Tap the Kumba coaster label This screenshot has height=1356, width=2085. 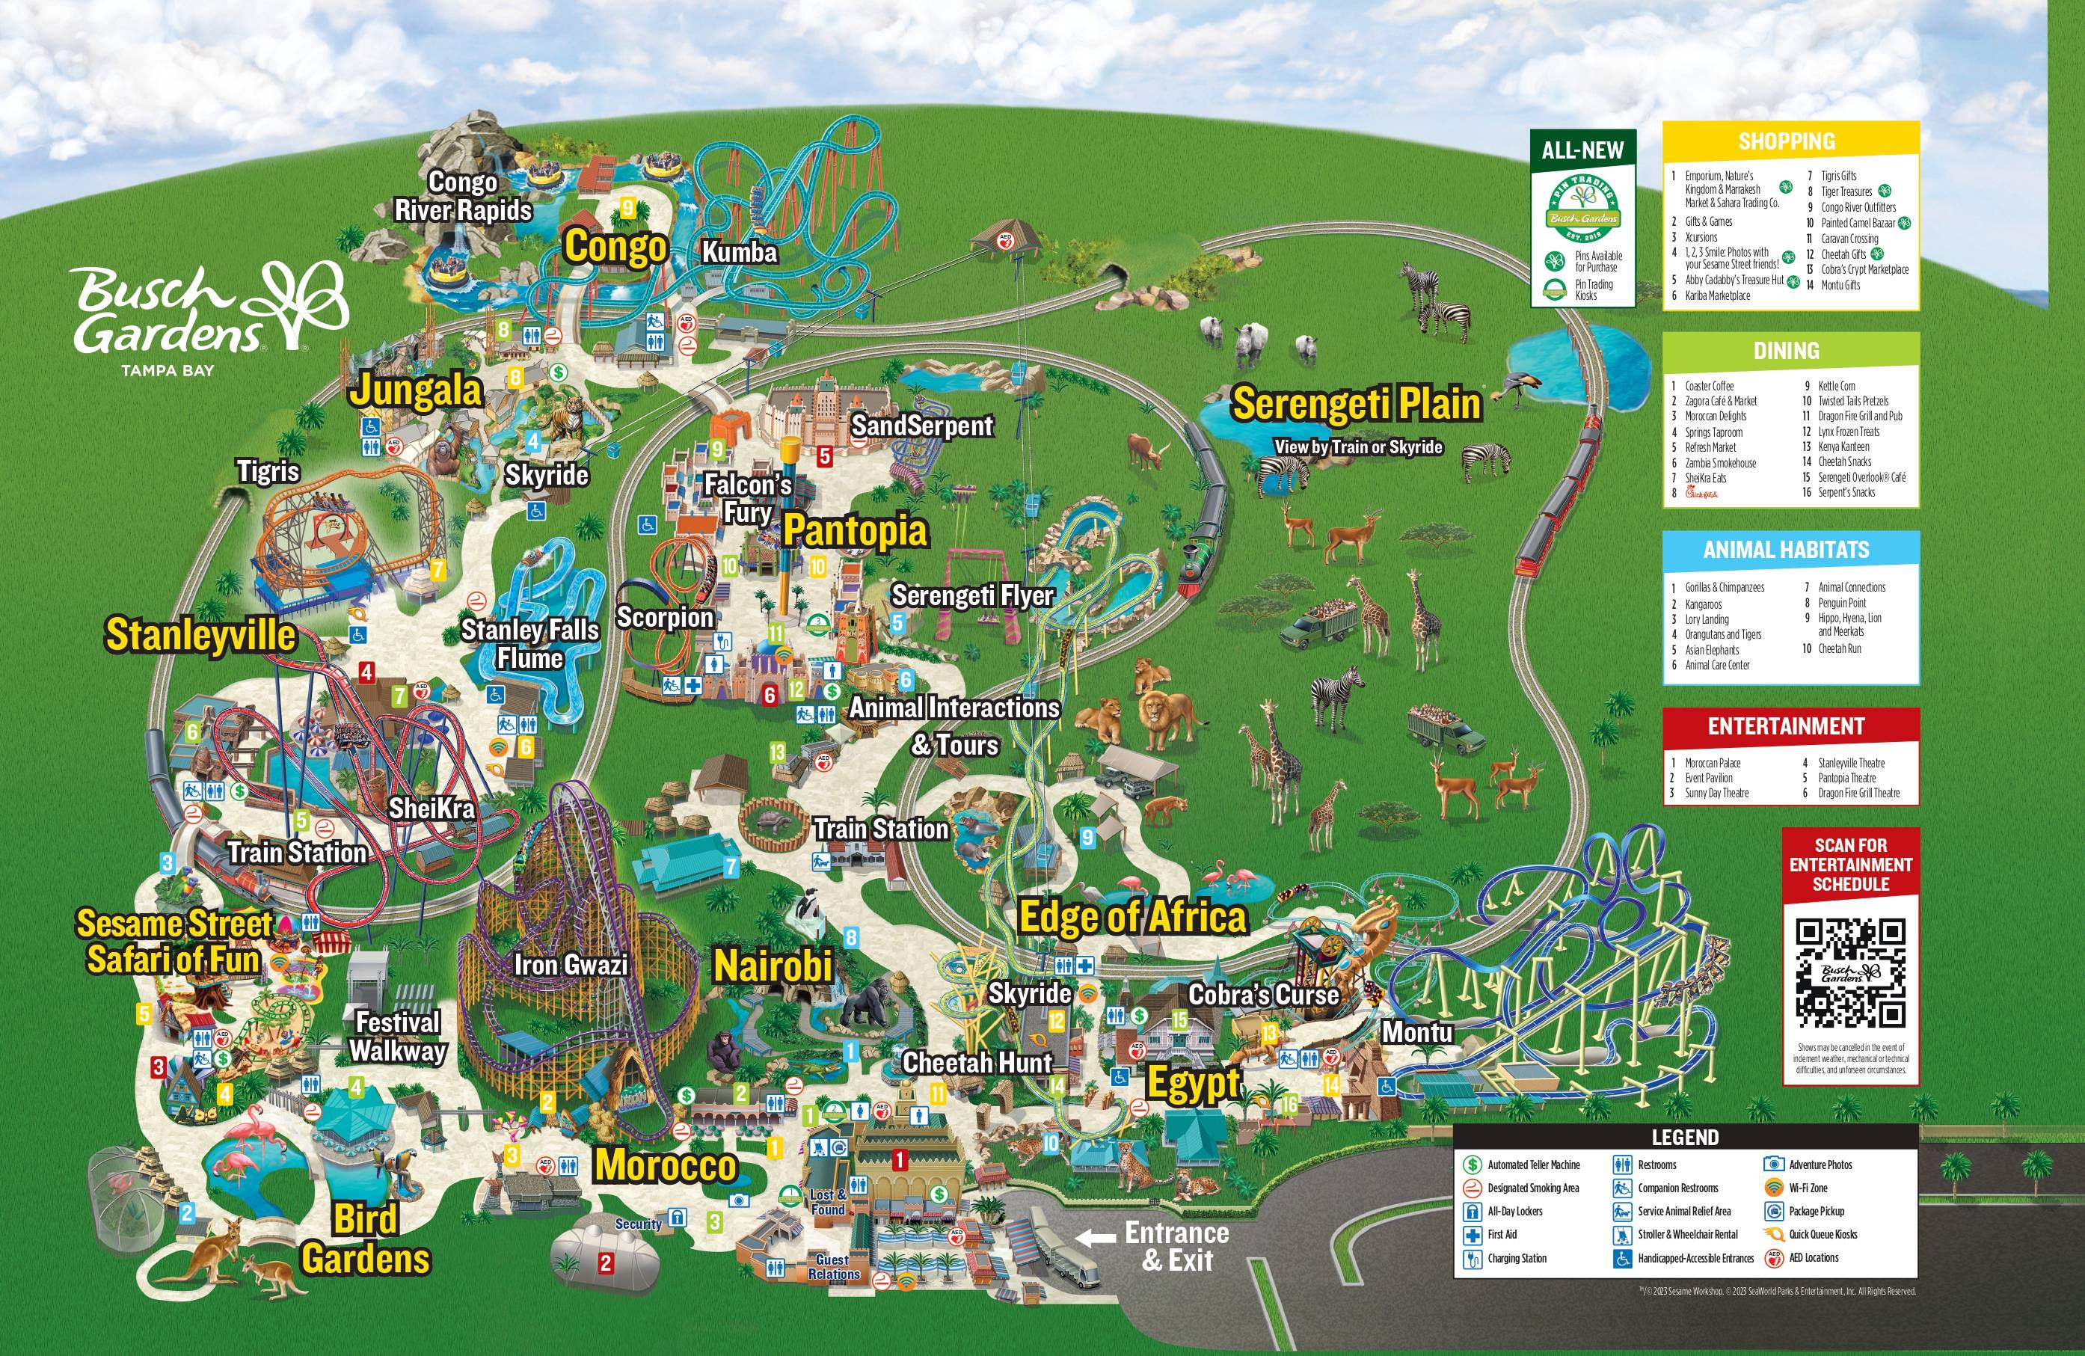740,252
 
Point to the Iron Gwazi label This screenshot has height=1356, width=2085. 571,964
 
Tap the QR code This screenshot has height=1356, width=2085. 1850,973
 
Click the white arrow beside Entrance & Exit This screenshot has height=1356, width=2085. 1095,1238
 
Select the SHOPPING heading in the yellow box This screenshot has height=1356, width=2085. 1787,141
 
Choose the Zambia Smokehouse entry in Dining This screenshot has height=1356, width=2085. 1720,462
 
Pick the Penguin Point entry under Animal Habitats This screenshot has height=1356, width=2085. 1841,603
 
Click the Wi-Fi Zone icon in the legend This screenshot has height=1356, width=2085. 1773,1188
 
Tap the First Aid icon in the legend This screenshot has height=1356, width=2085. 1472,1234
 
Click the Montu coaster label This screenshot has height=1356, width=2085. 1416,1032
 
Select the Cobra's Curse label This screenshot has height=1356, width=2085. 1263,994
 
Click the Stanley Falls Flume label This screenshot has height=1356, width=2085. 530,644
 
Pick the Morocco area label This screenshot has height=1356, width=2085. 666,1165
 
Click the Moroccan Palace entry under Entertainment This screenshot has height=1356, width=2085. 1712,763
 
